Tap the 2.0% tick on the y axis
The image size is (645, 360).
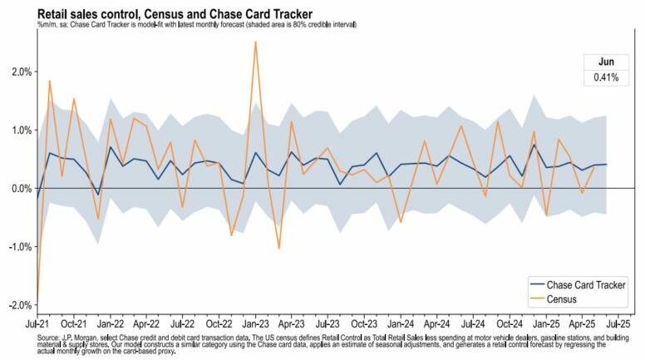click(19, 72)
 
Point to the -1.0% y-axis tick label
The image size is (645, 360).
click(17, 247)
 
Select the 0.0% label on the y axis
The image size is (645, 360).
click(19, 189)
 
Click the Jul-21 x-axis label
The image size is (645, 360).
click(37, 321)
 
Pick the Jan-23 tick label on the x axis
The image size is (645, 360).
click(254, 321)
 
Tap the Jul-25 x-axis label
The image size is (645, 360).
click(616, 321)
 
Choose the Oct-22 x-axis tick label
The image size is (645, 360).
click(219, 321)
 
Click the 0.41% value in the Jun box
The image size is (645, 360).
click(605, 77)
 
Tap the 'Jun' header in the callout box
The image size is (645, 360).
click(605, 62)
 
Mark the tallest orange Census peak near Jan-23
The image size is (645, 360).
click(255, 42)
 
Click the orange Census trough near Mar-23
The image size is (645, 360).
click(278, 249)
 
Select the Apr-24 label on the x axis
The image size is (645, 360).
click(436, 321)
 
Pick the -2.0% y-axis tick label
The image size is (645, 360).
click(17, 305)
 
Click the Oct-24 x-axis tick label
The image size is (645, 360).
click(508, 321)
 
